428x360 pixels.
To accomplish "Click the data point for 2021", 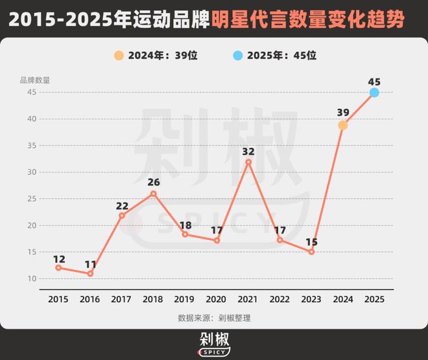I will coord(248,162).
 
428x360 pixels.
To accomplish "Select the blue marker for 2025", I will coord(374,93).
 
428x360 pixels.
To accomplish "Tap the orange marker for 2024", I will coord(343,125).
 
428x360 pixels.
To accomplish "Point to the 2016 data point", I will coord(90,274).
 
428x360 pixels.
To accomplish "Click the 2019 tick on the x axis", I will coord(185,299).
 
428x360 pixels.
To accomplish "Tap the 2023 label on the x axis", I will coord(311,299).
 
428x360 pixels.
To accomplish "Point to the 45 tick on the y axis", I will coord(31,92).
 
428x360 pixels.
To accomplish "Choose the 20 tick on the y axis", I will coord(31,225).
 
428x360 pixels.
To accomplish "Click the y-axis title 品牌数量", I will coord(34,80).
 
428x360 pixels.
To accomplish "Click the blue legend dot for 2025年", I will coord(237,55).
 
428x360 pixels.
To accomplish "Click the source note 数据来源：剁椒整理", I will coord(214,318).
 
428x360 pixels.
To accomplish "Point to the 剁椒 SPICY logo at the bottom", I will coord(214,344).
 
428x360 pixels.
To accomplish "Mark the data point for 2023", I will coord(311,252).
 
